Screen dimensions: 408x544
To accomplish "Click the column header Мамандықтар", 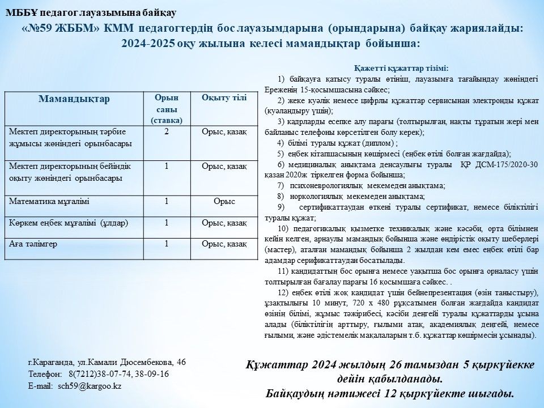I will [74, 99].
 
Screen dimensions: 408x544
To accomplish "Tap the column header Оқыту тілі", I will [224, 97].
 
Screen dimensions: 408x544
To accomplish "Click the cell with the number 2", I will [166, 132].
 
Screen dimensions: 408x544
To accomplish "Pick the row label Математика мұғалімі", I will [49, 201].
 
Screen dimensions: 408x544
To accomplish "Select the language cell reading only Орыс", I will [224, 201].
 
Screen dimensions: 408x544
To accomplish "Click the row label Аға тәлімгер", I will [33, 244].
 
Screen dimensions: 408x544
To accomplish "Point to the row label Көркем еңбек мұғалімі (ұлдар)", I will [69, 223].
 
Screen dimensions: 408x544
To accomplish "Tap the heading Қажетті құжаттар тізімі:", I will [401, 68].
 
